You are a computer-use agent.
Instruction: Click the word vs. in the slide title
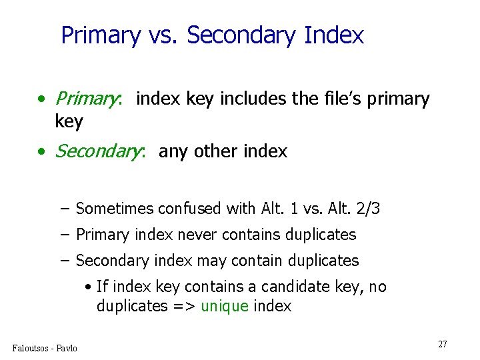click(x=163, y=35)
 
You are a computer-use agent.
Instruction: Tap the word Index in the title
click(x=334, y=35)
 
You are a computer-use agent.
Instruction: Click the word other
click(x=217, y=152)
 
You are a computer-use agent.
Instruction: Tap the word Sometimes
click(x=115, y=209)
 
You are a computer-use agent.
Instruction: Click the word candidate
click(x=295, y=287)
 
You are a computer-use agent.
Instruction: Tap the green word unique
click(x=224, y=307)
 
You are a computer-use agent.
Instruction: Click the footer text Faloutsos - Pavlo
click(x=45, y=348)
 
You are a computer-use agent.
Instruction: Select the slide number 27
click(x=443, y=344)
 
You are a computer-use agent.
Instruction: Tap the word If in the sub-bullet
click(x=101, y=287)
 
